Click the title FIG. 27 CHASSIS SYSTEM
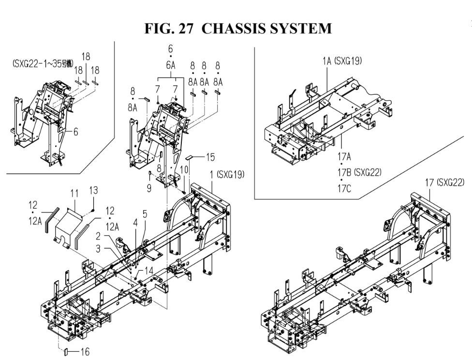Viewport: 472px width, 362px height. [x=238, y=29]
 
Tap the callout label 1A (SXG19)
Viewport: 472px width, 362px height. [x=342, y=61]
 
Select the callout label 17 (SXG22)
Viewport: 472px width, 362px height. [x=444, y=182]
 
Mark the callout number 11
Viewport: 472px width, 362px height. [x=74, y=193]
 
